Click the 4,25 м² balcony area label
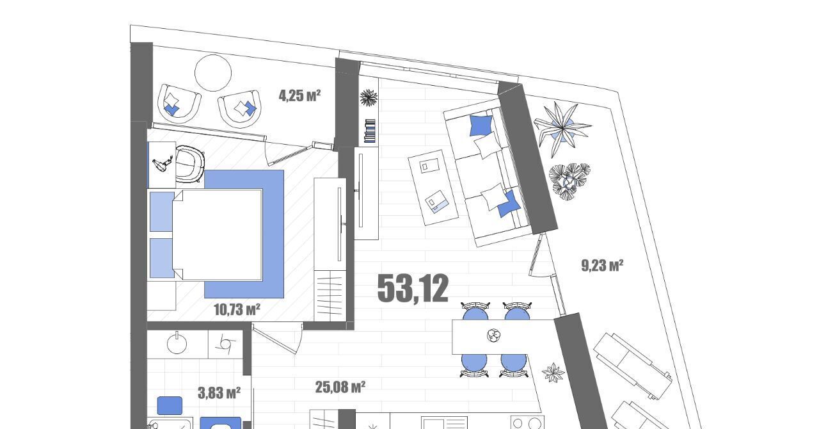click(x=299, y=96)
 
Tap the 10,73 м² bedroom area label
click(x=237, y=310)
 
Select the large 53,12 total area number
click(x=413, y=288)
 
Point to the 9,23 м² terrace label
click(x=602, y=265)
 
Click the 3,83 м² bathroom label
click(x=219, y=393)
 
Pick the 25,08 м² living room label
click(x=340, y=387)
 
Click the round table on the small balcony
click(x=213, y=73)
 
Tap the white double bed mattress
click(x=218, y=234)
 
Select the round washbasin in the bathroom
click(x=177, y=344)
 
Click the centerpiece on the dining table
click(x=493, y=335)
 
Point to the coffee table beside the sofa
click(x=433, y=188)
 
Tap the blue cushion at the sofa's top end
click(x=481, y=125)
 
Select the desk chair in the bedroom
click(x=190, y=164)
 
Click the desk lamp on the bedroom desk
click(x=163, y=164)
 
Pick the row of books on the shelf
click(x=370, y=131)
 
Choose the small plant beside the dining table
click(x=553, y=373)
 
